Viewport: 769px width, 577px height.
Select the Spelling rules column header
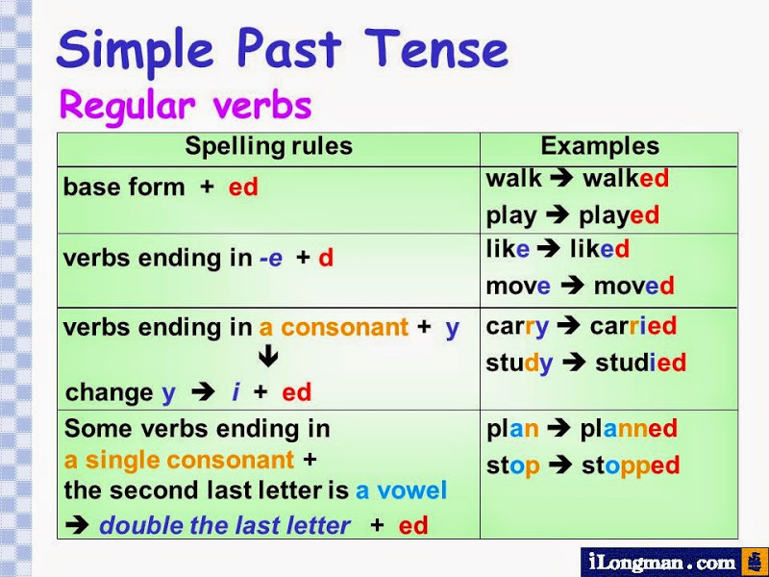pos(268,147)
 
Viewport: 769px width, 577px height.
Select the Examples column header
pos(600,147)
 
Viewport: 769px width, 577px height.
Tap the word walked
pos(626,179)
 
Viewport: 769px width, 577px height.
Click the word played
pos(619,215)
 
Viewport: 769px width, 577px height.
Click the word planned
pos(629,429)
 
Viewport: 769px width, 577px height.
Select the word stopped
pos(631,465)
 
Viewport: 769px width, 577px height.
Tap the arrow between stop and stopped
pos(560,465)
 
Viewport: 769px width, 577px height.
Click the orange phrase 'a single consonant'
pos(179,460)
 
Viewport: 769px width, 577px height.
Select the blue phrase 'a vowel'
pos(401,491)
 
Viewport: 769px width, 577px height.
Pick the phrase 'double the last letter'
pos(225,525)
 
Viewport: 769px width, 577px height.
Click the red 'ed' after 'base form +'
pos(243,188)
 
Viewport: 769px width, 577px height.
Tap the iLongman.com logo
pos(673,561)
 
